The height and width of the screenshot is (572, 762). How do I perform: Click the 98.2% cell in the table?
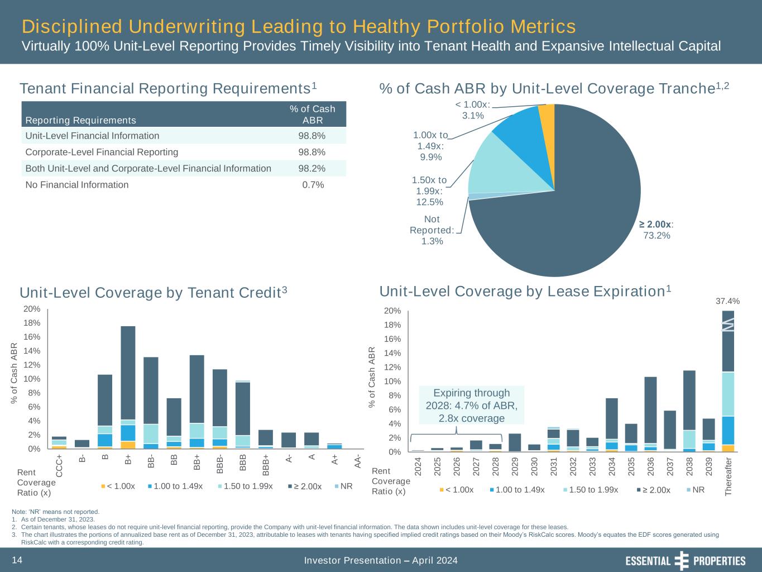click(x=313, y=168)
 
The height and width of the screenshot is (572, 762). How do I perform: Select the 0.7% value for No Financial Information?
click(x=313, y=185)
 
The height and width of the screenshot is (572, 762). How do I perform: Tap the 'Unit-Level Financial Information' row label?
click(x=92, y=136)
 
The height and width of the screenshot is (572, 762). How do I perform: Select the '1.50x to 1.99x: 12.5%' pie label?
click(x=430, y=191)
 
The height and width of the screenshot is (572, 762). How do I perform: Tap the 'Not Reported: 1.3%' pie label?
click(x=432, y=230)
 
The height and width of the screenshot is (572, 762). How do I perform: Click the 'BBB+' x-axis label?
click(x=266, y=465)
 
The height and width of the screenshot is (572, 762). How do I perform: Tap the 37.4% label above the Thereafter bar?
click(x=727, y=301)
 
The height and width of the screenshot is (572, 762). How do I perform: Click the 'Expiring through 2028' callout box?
click(x=472, y=406)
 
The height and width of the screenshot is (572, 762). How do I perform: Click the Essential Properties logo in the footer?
click(x=686, y=561)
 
